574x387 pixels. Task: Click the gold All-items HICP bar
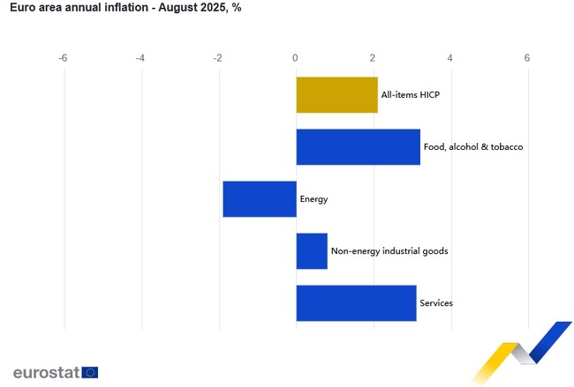click(336, 95)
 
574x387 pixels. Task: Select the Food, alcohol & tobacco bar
click(358, 147)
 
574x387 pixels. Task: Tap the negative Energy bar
click(259, 199)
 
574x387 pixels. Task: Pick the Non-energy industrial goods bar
click(312, 251)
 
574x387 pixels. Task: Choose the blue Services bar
click(356, 303)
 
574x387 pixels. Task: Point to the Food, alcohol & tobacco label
click(473, 147)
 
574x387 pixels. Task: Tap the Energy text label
click(313, 199)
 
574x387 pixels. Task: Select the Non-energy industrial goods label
click(389, 251)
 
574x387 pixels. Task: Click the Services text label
click(436, 303)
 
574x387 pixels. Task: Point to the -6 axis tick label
click(63, 58)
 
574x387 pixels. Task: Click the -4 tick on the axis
click(140, 58)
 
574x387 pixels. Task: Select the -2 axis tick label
click(217, 58)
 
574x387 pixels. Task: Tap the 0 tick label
click(296, 58)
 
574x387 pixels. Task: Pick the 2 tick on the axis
click(373, 58)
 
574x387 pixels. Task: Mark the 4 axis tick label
click(450, 58)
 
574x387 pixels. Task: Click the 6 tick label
click(527, 58)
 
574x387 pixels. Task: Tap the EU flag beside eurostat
click(89, 372)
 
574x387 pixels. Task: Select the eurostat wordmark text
click(46, 372)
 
